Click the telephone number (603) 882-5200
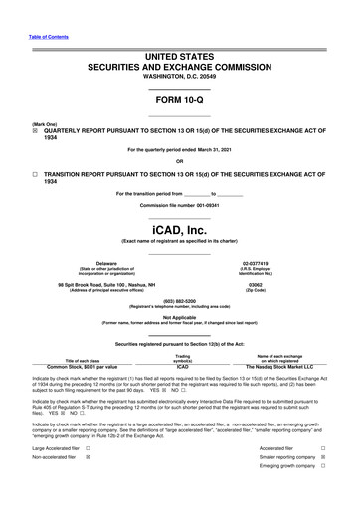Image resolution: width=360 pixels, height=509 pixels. (180, 300)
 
